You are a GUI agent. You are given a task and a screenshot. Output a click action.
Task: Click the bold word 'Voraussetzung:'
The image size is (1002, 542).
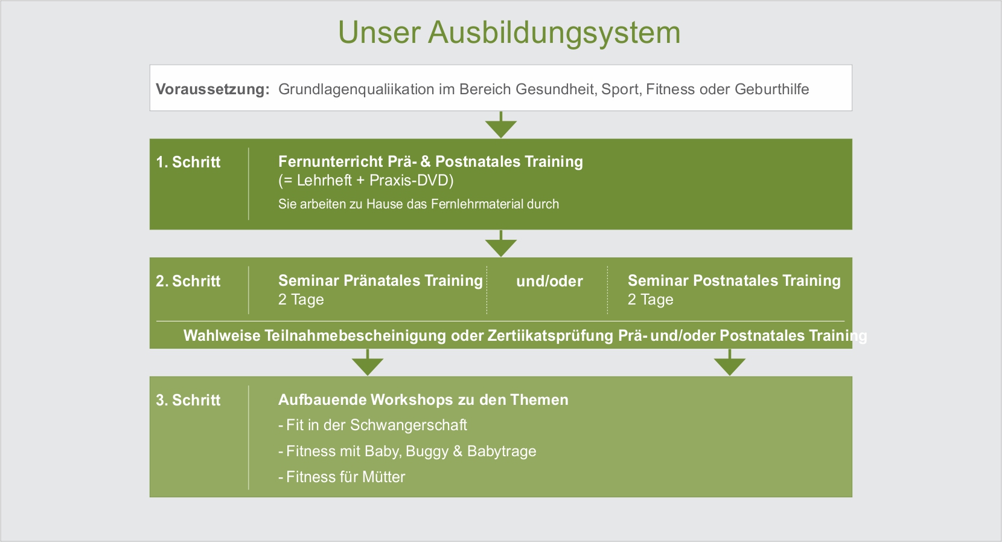[212, 89]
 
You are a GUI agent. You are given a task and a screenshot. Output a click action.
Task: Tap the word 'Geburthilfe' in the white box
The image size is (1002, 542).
[771, 89]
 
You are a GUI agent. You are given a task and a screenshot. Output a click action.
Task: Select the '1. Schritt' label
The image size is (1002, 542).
[188, 162]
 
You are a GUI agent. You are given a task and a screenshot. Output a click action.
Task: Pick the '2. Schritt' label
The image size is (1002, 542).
[188, 281]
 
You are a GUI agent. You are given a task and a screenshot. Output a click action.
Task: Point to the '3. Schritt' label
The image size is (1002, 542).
[188, 400]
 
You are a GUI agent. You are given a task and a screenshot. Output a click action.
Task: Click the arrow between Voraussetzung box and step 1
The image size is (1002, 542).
[501, 125]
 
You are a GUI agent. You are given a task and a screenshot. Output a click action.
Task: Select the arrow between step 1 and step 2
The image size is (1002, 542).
[501, 244]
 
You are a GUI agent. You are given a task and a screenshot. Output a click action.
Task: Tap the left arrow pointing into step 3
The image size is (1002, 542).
[368, 363]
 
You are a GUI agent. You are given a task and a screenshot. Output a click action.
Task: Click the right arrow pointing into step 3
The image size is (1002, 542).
[730, 363]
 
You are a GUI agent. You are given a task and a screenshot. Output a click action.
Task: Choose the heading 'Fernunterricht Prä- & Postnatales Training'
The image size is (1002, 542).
[430, 161]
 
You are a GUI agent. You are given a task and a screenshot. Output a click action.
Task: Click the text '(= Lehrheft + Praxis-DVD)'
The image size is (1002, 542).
[366, 180]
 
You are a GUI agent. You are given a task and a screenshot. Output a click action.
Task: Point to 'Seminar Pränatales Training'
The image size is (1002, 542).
[380, 280]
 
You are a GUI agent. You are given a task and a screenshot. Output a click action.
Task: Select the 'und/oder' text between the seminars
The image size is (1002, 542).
[549, 282]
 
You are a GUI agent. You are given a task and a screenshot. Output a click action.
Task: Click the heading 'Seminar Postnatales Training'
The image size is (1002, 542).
[734, 280]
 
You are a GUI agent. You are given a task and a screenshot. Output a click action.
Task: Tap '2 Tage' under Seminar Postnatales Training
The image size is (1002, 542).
[651, 299]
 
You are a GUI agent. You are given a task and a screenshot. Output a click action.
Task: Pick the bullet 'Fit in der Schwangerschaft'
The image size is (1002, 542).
[372, 425]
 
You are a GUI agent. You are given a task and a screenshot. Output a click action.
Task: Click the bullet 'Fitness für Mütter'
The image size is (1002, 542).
[341, 477]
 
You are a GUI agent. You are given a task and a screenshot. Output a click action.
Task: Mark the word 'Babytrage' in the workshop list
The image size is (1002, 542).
[502, 451]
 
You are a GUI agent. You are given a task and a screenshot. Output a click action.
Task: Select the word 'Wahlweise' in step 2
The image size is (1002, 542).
[222, 335]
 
